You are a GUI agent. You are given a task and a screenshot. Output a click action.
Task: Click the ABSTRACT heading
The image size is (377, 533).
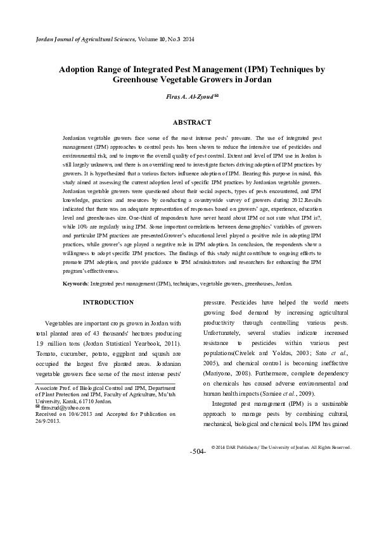tap(188, 120)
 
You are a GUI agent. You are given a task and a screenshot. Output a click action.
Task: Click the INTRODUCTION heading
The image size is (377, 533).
tap(108, 303)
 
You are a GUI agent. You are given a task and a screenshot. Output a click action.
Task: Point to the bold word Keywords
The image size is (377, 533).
tap(75, 284)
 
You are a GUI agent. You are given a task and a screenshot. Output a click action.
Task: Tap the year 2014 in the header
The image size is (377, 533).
tap(188, 40)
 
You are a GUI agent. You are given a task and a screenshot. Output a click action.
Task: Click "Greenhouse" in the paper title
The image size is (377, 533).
tap(136, 80)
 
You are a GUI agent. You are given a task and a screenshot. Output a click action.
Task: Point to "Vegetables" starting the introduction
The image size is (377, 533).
tap(59, 322)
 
